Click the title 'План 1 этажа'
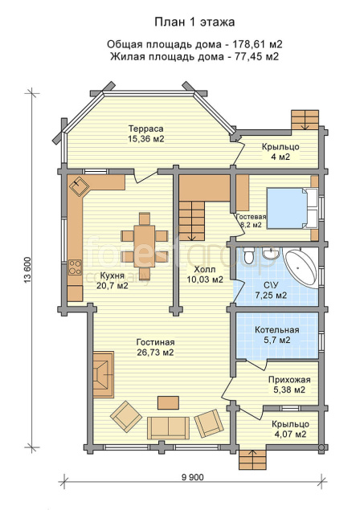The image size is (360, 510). point(194,22)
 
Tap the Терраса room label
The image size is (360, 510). point(145,129)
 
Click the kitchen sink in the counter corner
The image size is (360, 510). point(79,186)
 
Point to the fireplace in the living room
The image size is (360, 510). point(104,374)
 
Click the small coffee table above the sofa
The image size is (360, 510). point(168,402)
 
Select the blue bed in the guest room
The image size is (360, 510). point(287,208)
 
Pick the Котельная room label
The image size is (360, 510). point(277,330)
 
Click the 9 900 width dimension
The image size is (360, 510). point(193,477)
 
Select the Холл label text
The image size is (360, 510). point(205,269)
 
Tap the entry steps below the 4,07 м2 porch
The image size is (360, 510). point(253,459)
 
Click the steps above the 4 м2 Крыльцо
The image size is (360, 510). point(305,120)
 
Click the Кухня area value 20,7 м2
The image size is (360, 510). point(112,286)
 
